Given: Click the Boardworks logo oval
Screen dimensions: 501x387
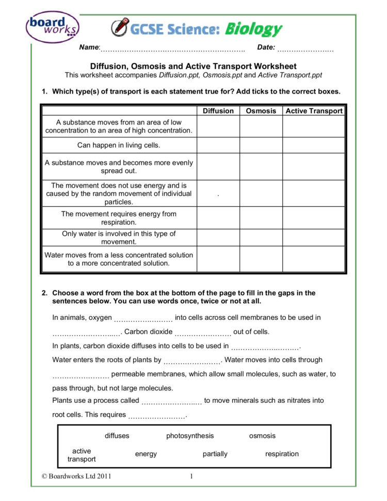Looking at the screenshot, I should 53,27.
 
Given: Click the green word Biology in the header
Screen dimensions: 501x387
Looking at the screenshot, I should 253,29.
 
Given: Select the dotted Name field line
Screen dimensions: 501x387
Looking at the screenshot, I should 172,50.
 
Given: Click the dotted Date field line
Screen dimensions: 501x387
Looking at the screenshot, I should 305,50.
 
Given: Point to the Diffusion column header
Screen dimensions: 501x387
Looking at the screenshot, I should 218,111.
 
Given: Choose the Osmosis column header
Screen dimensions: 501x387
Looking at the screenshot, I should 261,111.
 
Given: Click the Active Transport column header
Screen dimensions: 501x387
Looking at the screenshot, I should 314,111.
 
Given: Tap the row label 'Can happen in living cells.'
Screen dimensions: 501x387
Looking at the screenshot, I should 119,146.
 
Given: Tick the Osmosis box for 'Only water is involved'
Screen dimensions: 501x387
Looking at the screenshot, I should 261,238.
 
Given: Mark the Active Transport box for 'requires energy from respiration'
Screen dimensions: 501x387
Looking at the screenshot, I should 314,218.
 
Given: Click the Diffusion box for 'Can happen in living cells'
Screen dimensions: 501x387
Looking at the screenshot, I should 218,146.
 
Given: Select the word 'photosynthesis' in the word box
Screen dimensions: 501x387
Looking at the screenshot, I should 190,436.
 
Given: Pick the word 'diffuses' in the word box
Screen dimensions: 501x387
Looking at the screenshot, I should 117,436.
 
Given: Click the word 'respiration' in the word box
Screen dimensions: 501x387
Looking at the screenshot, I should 282,454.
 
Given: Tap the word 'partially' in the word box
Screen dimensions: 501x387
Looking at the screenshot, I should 215,454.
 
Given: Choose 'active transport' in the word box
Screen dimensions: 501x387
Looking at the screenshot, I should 82,455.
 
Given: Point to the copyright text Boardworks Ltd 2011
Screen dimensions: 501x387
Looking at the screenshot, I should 76,476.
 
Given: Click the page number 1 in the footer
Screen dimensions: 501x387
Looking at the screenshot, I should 191,476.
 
